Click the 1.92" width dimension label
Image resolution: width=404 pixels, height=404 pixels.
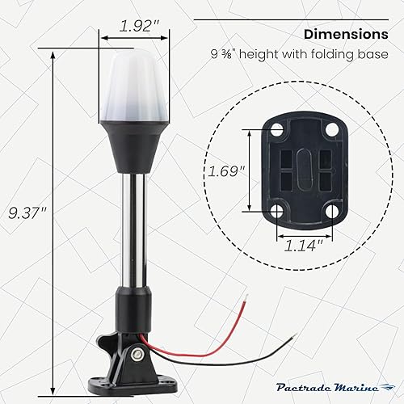click(x=134, y=26)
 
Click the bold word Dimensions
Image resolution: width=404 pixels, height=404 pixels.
click(x=345, y=35)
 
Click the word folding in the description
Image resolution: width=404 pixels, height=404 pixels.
click(x=334, y=56)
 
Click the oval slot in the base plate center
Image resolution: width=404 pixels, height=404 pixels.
click(x=303, y=171)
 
